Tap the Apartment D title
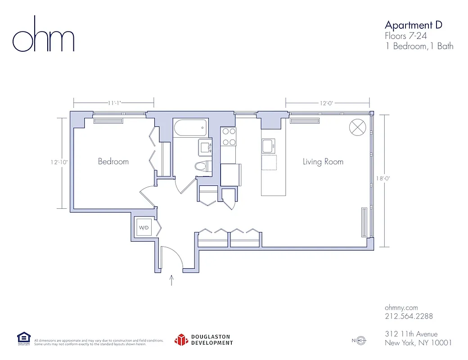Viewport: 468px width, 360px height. coord(413,25)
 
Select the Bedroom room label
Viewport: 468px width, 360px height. coord(113,162)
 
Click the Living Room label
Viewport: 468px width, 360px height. coord(323,162)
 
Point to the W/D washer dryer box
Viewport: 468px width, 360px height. coord(144,228)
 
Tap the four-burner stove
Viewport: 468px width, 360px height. coord(229,136)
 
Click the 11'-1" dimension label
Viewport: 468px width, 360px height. coord(114,103)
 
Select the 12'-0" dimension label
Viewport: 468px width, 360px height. coord(327,103)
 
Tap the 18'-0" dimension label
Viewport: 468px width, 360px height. coord(383,178)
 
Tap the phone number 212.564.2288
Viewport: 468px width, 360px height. coord(409,316)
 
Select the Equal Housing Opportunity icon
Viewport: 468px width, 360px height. coord(23,338)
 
